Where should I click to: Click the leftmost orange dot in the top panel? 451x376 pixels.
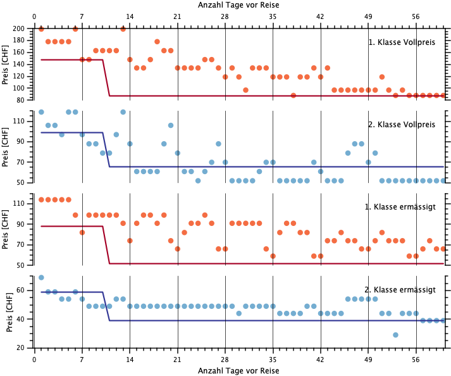coord(41,28)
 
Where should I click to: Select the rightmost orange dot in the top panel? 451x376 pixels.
coord(443,95)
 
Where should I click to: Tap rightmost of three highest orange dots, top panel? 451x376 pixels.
coord(123,28)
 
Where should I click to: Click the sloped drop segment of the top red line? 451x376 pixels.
coord(106,78)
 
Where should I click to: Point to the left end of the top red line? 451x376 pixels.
coord(41,60)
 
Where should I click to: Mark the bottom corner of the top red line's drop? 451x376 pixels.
coord(109,96)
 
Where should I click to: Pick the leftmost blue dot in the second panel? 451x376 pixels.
coord(41,112)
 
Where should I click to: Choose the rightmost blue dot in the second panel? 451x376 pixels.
coord(443,180)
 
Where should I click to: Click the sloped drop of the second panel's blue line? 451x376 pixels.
coord(106,149)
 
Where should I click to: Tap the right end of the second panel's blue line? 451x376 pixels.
coord(443,166)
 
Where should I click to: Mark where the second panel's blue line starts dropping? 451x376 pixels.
coord(102,132)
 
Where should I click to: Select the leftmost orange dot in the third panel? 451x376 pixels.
coord(41,199)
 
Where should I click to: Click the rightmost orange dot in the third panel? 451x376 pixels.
coord(443,249)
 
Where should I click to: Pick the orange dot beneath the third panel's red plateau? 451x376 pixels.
coord(82,232)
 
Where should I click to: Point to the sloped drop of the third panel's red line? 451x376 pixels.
coord(106,244)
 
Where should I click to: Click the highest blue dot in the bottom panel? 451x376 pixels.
coord(41,277)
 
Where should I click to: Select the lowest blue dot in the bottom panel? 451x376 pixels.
coord(395,335)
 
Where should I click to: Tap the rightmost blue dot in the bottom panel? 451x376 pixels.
coord(443,320)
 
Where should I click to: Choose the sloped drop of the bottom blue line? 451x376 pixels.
coord(106,306)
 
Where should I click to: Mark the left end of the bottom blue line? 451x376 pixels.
coord(41,292)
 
